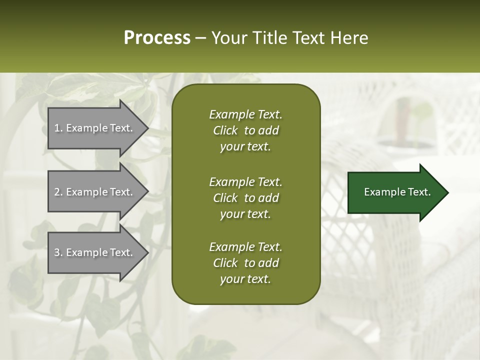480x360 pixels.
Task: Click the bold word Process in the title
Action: [x=157, y=38]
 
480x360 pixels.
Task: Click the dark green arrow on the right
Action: [x=395, y=192]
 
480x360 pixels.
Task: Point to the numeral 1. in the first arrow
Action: [x=58, y=128]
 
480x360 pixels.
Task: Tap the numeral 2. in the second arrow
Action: [x=58, y=192]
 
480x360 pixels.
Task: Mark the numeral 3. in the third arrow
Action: [x=58, y=252]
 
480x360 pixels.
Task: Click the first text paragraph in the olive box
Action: [x=245, y=130]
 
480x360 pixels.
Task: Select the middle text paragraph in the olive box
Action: [x=245, y=197]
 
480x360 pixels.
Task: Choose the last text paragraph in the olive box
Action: [x=245, y=263]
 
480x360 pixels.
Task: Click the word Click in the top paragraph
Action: [x=225, y=130]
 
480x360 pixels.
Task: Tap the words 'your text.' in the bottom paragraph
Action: [x=245, y=279]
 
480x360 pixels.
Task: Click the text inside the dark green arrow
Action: [x=397, y=192]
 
